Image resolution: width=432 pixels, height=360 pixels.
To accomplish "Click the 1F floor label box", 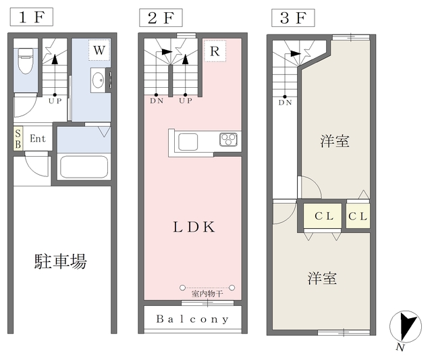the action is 32,17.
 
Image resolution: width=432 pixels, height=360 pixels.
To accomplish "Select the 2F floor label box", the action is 161,18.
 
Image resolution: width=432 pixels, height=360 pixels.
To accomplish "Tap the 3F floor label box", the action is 293,18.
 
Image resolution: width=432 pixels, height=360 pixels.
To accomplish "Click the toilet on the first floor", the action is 26,61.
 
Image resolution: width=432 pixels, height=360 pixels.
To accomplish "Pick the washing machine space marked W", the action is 99,50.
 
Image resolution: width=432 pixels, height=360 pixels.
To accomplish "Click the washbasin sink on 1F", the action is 98,80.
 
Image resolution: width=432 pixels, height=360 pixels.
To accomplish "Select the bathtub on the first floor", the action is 84,168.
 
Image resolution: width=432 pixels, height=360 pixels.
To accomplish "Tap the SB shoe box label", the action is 18,138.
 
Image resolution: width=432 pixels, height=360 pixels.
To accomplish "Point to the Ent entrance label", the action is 38,138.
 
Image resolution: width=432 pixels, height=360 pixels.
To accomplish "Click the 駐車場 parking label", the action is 61,261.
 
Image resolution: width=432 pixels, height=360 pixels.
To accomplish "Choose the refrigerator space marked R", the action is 215,51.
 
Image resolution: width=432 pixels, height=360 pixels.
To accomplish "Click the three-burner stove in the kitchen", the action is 228,140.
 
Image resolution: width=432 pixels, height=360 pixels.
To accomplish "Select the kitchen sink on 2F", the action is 188,142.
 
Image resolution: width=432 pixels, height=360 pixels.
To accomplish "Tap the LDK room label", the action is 194,227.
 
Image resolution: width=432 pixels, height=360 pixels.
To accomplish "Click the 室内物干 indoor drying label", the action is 207,294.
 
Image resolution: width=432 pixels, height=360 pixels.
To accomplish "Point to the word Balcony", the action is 192,319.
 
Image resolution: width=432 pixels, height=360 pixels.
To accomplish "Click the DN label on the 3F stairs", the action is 285,103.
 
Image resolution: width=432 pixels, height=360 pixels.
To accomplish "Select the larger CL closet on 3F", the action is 323,216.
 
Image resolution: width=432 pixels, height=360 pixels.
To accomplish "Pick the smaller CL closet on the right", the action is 358,216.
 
